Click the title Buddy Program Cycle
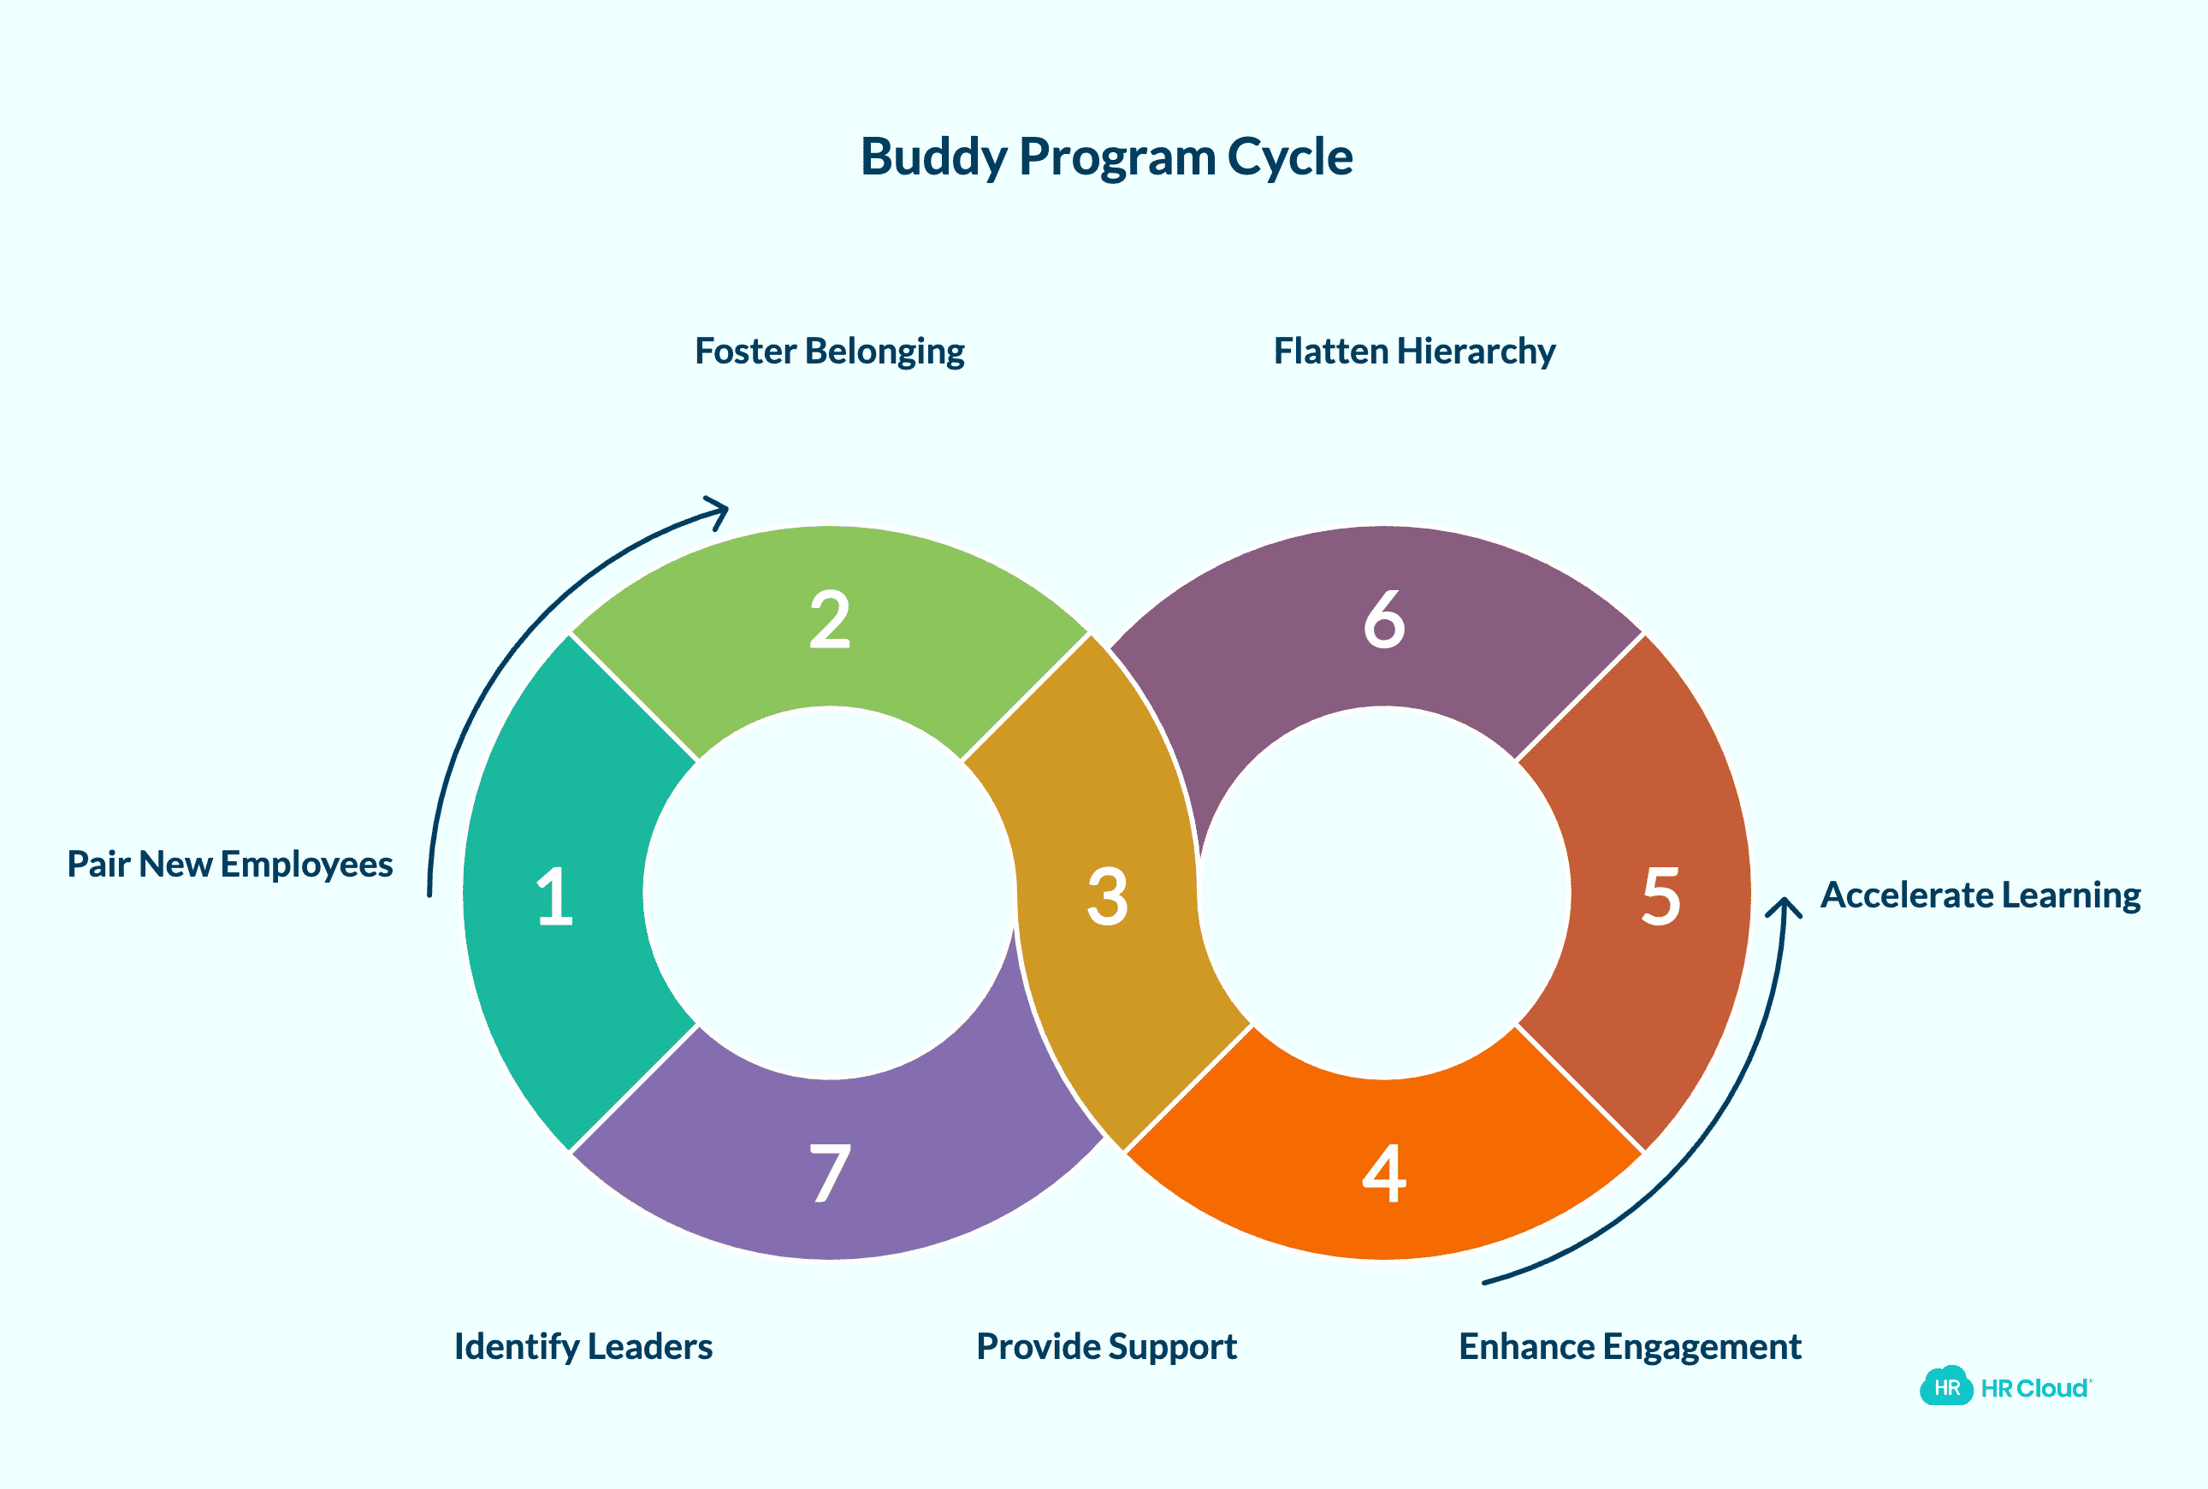1105,157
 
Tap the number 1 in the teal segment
554,896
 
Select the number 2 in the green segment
829,620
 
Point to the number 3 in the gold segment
1107,896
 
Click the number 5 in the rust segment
1661,896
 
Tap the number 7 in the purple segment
829,1173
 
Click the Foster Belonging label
829,352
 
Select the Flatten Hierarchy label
1413,352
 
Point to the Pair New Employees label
230,864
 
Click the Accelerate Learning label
1980,895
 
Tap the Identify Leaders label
583,1346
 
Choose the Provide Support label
1106,1346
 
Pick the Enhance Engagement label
1630,1346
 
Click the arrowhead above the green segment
719,510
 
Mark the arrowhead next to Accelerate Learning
1784,906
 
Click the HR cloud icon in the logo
1946,1387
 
